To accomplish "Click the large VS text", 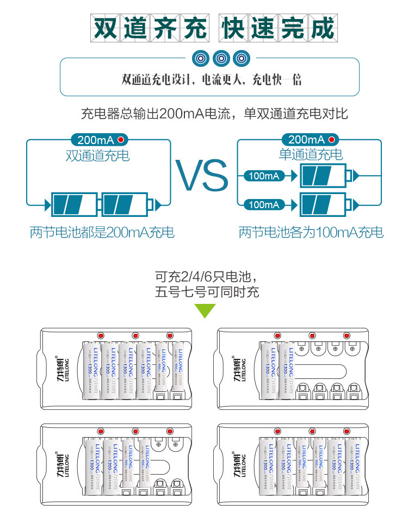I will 201,175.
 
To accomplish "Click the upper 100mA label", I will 264,176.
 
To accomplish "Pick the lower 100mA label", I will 264,204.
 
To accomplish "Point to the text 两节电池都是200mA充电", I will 102,233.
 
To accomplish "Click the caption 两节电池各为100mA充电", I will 311,233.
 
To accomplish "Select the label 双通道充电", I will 98,155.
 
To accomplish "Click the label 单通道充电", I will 311,155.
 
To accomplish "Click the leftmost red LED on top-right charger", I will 277,335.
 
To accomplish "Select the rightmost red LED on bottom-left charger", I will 169,431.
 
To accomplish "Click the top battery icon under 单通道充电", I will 323,176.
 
